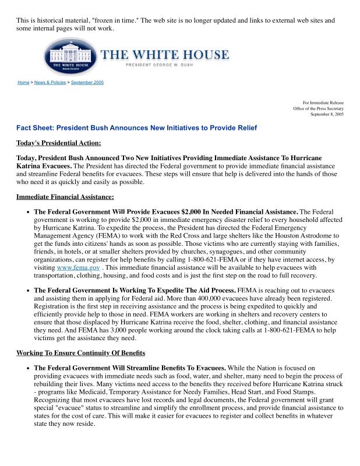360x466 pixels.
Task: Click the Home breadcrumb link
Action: click(x=23, y=83)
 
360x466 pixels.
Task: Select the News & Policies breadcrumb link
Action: click(x=50, y=83)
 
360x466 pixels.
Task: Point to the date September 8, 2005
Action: click(x=327, y=115)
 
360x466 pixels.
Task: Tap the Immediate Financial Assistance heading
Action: click(x=65, y=197)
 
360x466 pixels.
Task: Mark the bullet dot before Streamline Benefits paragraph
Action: click(x=28, y=369)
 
